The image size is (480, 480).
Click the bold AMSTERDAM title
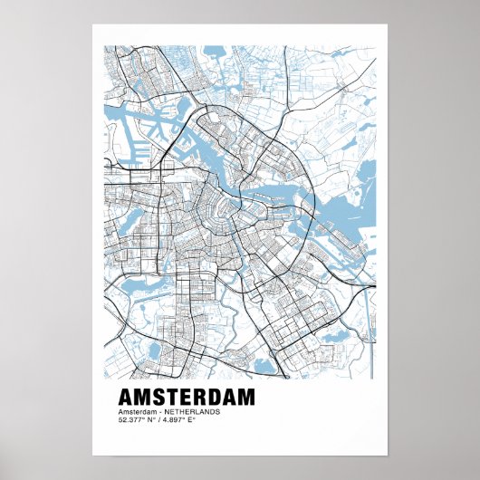tap(187, 398)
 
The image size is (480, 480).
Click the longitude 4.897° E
tap(196, 420)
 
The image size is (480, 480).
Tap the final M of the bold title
tap(247, 398)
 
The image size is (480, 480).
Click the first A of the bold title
tap(125, 398)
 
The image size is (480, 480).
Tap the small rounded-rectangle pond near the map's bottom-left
tap(154, 349)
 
